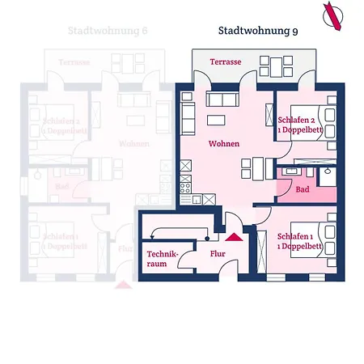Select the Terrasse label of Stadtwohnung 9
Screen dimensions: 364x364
[225, 61]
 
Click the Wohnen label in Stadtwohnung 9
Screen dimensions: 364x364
[223, 143]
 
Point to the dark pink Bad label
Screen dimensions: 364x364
[303, 189]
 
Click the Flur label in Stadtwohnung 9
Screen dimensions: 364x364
[218, 253]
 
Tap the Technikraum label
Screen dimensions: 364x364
[161, 259]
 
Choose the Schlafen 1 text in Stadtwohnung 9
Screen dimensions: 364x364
[299, 239]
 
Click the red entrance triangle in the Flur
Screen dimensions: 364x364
[235, 236]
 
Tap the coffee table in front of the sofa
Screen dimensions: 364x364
[216, 120]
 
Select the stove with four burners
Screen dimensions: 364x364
[185, 198]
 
